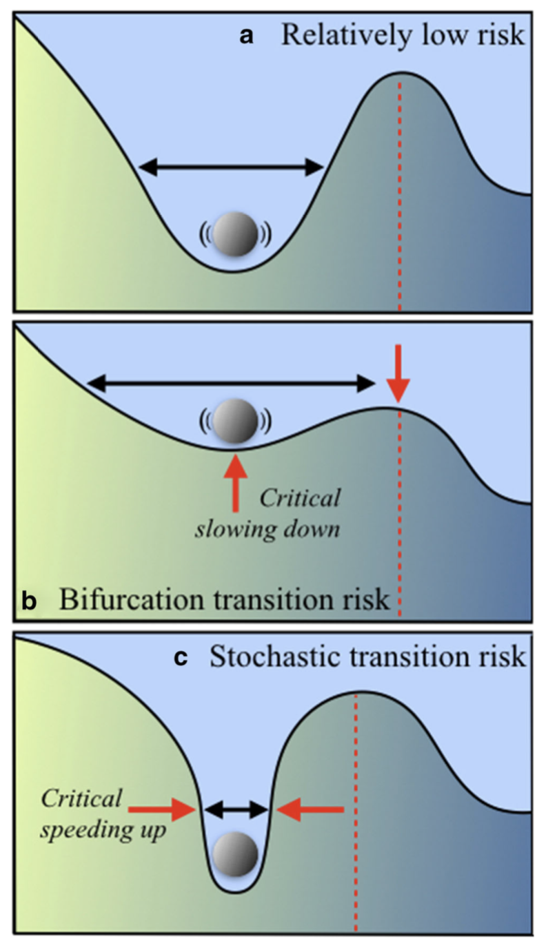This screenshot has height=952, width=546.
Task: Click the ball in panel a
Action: point(235,235)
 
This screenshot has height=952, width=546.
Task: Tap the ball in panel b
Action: point(235,422)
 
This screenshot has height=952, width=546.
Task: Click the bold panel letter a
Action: point(247,37)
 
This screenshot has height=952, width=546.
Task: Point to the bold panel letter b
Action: point(30,601)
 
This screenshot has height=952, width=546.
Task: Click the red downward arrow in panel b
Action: point(398,374)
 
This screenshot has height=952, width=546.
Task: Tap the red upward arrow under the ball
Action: point(235,481)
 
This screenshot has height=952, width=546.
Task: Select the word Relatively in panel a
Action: point(347,35)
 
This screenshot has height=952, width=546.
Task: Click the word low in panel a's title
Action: point(444,35)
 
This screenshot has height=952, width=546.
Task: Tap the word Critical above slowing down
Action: point(300,499)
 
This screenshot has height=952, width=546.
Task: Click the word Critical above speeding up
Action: point(81,798)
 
